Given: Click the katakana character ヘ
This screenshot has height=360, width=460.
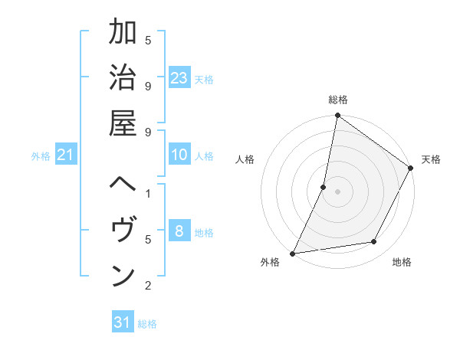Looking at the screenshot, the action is tap(123, 186).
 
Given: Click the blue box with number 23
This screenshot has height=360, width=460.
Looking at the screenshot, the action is tap(179, 77).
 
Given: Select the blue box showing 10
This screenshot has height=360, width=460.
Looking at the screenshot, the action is tap(179, 155).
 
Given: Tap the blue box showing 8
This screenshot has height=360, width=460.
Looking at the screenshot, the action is tap(179, 231).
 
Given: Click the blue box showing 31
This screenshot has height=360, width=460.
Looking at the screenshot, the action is tap(123, 322).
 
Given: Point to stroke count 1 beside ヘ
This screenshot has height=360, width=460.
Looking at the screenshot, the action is tap(148, 193).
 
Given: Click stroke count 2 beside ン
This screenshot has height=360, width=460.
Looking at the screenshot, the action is tap(148, 286).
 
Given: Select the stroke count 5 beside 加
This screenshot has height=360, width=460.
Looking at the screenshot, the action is tap(148, 40).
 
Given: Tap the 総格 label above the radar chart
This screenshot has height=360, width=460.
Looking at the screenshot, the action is tap(337, 100).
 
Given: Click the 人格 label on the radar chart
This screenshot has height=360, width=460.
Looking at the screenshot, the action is tap(245, 160).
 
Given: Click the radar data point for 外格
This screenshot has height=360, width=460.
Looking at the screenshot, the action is tap(293, 253).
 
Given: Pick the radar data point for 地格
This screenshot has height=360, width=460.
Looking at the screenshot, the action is tap(374, 242).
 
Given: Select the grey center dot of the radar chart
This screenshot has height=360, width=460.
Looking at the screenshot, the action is tap(337, 191).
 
